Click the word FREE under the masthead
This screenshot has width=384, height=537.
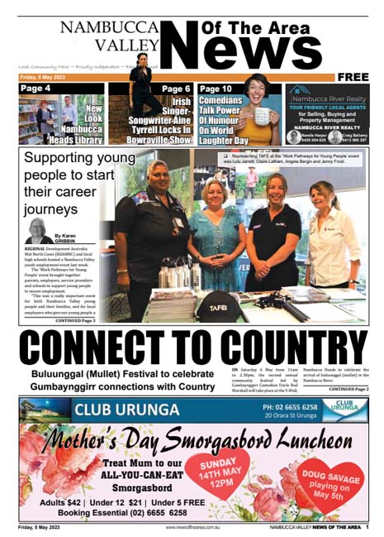(x=353, y=77)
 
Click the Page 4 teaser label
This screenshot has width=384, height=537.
(x=36, y=89)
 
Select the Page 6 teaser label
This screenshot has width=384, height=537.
(x=176, y=89)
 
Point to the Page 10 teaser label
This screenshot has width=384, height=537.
(x=216, y=89)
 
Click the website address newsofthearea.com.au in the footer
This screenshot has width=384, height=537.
(x=193, y=526)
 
